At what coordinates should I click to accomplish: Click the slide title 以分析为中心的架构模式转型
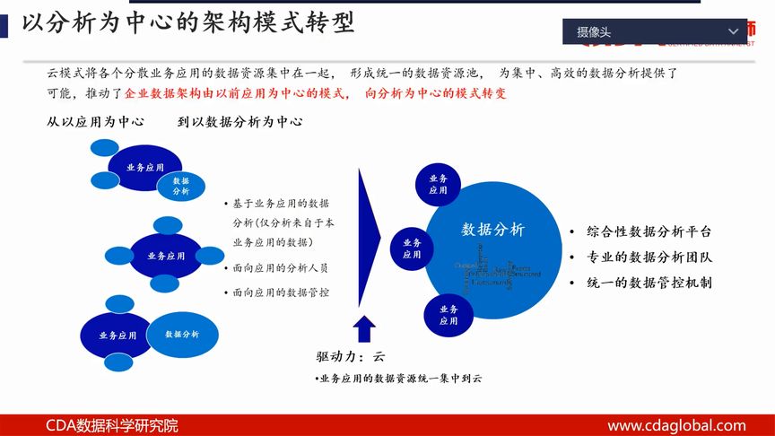coord(187,23)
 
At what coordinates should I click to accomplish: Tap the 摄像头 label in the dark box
coord(594,32)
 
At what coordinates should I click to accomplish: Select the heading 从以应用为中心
coord(96,121)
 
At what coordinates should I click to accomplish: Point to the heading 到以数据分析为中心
coord(239,121)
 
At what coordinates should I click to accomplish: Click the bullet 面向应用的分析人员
coord(280,267)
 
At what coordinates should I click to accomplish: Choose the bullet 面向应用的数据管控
coord(280,292)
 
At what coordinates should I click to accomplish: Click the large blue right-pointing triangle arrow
coord(370,238)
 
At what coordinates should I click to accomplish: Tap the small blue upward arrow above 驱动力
coord(364,328)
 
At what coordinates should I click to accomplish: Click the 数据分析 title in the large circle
coord(492,229)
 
